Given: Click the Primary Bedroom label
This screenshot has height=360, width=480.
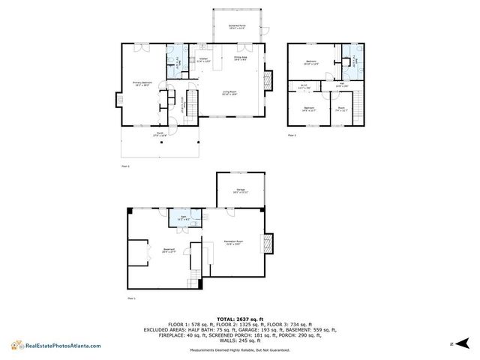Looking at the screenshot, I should tap(142, 84).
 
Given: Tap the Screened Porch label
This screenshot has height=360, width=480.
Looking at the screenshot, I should tap(237, 26).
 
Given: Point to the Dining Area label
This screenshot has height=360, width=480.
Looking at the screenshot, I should tap(240, 58).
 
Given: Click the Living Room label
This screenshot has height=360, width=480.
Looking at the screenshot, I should tap(229, 93).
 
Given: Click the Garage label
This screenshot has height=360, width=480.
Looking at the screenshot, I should tap(241, 191).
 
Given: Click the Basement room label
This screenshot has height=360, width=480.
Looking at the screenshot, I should tap(169, 251).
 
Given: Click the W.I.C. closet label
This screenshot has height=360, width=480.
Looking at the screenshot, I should tap(304, 88).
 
